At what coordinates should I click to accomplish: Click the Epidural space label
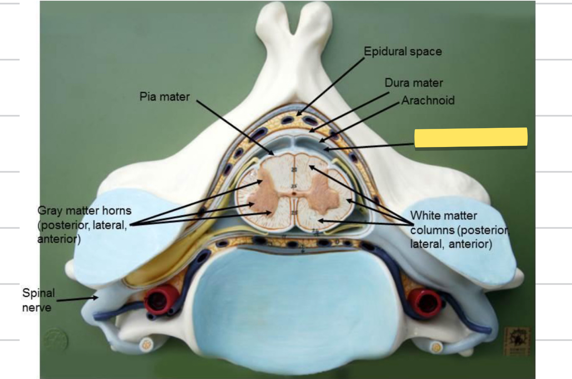point(402,52)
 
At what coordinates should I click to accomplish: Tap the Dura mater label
point(414,83)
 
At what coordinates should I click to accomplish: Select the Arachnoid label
point(428,101)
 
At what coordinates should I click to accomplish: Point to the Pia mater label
point(165,96)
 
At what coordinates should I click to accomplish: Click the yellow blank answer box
point(471,137)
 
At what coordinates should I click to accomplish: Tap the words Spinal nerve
point(38,300)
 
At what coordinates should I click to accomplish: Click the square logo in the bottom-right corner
point(517,341)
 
